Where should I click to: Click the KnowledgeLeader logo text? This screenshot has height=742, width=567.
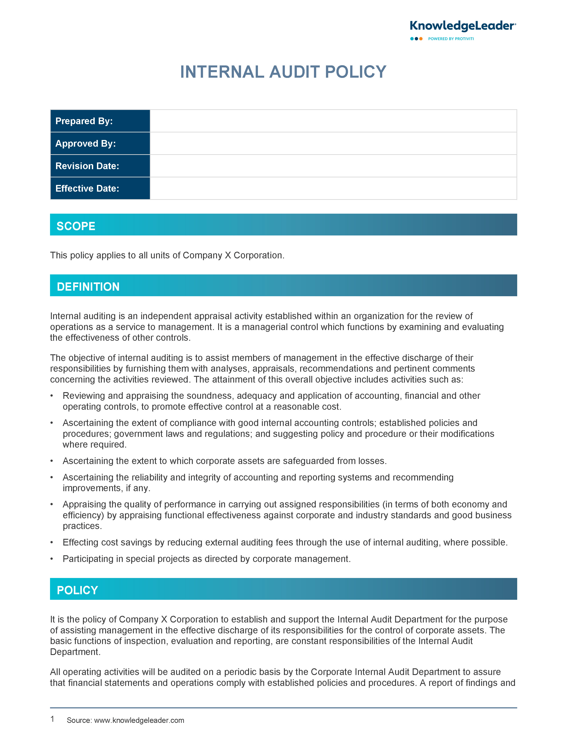point(462,26)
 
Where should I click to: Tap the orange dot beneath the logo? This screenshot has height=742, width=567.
point(421,39)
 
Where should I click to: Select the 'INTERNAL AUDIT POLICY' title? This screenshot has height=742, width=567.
point(283,72)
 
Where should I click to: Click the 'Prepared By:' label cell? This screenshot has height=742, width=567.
point(100,121)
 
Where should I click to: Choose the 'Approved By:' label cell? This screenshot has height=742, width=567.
point(100,144)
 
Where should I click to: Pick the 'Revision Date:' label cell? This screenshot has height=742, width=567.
point(100,166)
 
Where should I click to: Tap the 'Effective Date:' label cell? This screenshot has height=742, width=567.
point(100,189)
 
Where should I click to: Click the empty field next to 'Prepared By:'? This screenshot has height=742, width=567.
point(333,121)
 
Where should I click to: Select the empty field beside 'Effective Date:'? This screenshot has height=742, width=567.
point(333,189)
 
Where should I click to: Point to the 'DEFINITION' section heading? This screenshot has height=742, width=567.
point(88,287)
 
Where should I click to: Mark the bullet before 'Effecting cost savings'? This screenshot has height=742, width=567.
point(52,542)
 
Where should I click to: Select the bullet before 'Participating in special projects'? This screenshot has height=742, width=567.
point(52,559)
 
